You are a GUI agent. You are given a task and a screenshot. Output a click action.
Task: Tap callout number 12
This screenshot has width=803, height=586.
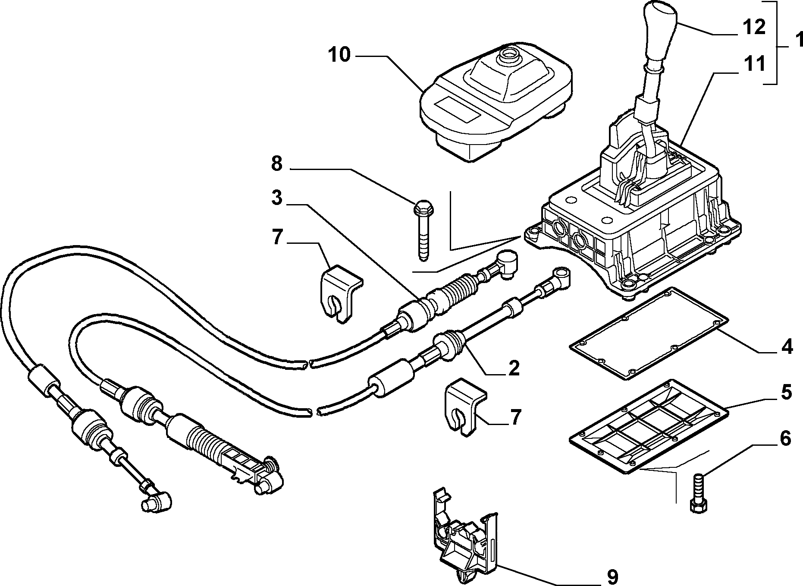[x=753, y=27]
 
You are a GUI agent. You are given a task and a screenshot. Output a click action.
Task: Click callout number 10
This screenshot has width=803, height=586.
[x=339, y=55]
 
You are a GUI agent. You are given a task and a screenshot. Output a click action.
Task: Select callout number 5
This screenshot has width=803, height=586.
[x=786, y=393]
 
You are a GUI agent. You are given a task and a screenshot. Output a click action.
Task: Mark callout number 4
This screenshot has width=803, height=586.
[x=787, y=347]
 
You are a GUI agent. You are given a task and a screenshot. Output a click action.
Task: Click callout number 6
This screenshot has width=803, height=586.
[x=785, y=438]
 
